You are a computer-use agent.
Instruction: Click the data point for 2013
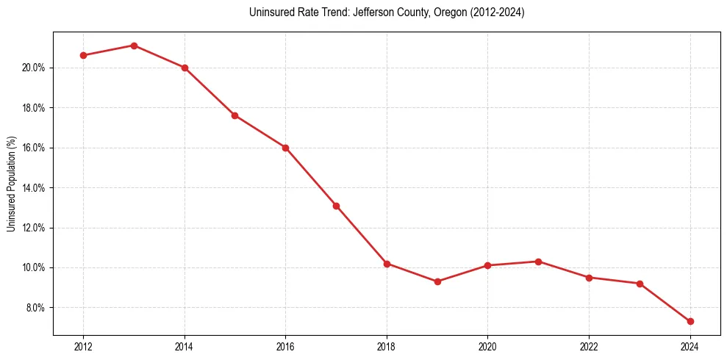(x=134, y=46)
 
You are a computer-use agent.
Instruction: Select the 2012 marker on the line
(x=83, y=55)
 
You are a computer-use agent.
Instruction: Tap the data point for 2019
(x=437, y=281)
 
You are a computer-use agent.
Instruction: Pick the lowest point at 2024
(x=690, y=321)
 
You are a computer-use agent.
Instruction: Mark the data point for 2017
(x=336, y=206)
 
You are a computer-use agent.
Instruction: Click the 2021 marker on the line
(x=539, y=262)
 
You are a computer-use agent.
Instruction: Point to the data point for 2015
(x=234, y=115)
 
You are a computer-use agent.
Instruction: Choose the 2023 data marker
(x=640, y=284)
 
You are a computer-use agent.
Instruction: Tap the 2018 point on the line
(x=387, y=263)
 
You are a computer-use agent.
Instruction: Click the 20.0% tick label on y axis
(x=35, y=68)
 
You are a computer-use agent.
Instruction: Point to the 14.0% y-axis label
(x=35, y=188)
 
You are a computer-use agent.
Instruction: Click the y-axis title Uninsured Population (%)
(x=12, y=184)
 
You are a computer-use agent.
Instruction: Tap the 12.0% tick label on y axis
(x=35, y=228)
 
